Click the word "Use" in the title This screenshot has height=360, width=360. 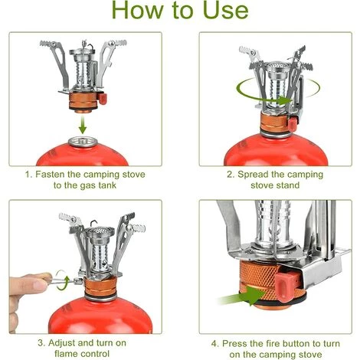pyautogui.click(x=225, y=11)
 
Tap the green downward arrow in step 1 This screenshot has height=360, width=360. pyautogui.click(x=82, y=125)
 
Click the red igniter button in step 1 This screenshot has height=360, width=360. pyautogui.click(x=103, y=99)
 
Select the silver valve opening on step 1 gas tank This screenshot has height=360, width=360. pyautogui.click(x=83, y=142)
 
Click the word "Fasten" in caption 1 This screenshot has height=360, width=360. pyautogui.click(x=50, y=175)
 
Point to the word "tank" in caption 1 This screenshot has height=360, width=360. pyautogui.click(x=107, y=185)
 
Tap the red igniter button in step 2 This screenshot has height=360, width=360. pyautogui.click(x=293, y=123)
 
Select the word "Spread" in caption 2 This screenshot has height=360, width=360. pyautogui.click(x=252, y=175)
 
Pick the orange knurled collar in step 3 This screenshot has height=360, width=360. pyautogui.click(x=100, y=287)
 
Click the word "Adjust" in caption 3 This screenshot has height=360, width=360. pyautogui.click(x=62, y=343)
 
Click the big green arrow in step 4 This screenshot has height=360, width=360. pyautogui.click(x=243, y=296)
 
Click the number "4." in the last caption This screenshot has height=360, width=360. pyautogui.click(x=215, y=344)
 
